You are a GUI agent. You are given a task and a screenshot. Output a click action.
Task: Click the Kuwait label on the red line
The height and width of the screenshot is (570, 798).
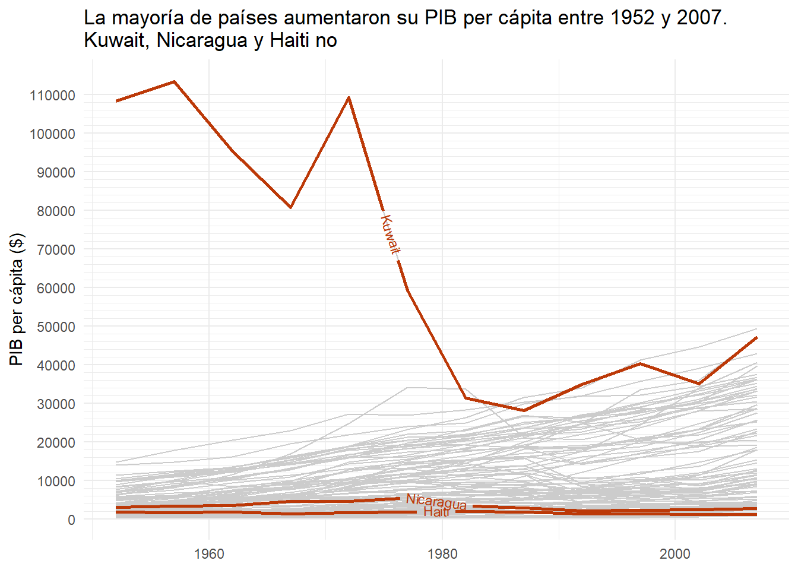click(390, 235)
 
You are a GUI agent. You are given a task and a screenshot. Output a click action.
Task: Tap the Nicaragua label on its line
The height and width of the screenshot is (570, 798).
click(436, 502)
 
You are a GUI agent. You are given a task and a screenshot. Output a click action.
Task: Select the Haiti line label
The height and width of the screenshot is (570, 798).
click(436, 512)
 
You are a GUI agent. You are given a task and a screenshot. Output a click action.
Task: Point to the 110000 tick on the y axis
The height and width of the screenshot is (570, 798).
click(52, 96)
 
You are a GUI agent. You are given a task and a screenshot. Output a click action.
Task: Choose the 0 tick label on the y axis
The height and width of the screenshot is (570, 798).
click(71, 520)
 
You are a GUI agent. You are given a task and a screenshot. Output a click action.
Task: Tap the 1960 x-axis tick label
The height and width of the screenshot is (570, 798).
click(209, 554)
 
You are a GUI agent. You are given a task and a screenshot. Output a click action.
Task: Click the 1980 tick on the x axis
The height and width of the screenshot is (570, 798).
click(442, 554)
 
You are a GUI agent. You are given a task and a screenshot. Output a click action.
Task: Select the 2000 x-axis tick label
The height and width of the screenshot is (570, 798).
click(675, 554)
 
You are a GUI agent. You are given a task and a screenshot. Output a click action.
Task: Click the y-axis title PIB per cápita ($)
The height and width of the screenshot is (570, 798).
click(17, 299)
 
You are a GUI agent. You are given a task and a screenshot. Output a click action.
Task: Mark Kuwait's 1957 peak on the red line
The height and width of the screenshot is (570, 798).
click(174, 82)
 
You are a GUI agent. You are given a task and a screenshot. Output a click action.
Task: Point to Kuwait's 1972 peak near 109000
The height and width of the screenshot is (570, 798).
click(349, 97)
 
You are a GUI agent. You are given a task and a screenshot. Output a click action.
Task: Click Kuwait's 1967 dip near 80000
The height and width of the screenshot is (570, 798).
click(290, 207)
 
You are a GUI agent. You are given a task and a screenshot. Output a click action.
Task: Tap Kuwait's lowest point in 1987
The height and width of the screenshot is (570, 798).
click(524, 410)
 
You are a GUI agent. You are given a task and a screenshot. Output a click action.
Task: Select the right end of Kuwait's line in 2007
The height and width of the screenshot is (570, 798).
click(756, 338)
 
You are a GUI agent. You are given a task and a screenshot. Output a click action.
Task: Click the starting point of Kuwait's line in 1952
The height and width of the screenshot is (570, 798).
click(117, 101)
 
